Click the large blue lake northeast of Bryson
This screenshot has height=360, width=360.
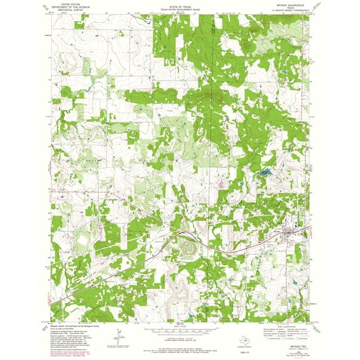(x=265, y=173)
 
